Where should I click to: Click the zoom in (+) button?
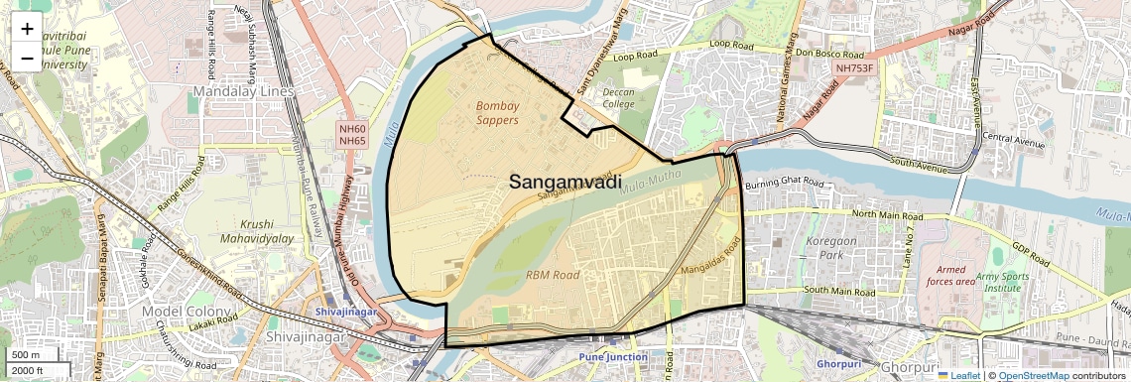[27, 29]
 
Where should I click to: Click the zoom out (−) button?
[27, 59]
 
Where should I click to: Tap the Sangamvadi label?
[565, 182]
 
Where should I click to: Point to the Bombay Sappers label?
[497, 113]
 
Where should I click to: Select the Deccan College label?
[618, 96]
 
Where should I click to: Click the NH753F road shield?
[857, 67]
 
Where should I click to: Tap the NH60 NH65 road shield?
[352, 135]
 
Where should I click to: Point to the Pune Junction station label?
[613, 357]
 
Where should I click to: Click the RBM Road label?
[553, 275]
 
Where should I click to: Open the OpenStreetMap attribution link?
[1033, 376]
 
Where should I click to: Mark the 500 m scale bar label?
[27, 355]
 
